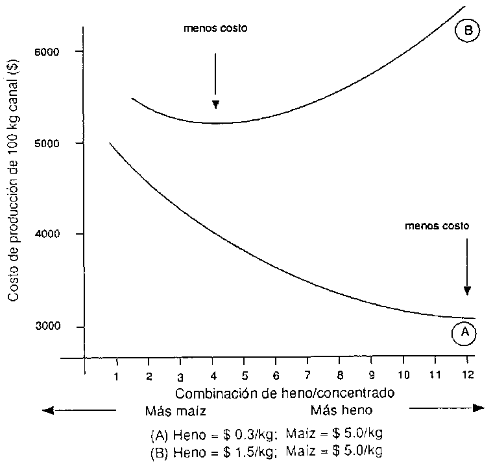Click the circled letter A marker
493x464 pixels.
(464, 332)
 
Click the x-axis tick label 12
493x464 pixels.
(467, 376)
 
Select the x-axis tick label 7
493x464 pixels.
(307, 376)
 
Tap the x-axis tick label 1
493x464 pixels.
(116, 376)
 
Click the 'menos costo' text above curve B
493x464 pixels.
(216, 29)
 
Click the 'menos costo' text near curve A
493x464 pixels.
(436, 226)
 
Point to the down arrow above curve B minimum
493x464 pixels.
(215, 81)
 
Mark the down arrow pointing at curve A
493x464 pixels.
(467, 266)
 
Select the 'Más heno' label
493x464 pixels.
(341, 410)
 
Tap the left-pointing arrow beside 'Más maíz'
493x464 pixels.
(78, 409)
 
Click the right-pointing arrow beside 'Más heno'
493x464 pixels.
(448, 408)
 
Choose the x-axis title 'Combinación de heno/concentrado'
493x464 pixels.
(285, 393)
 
